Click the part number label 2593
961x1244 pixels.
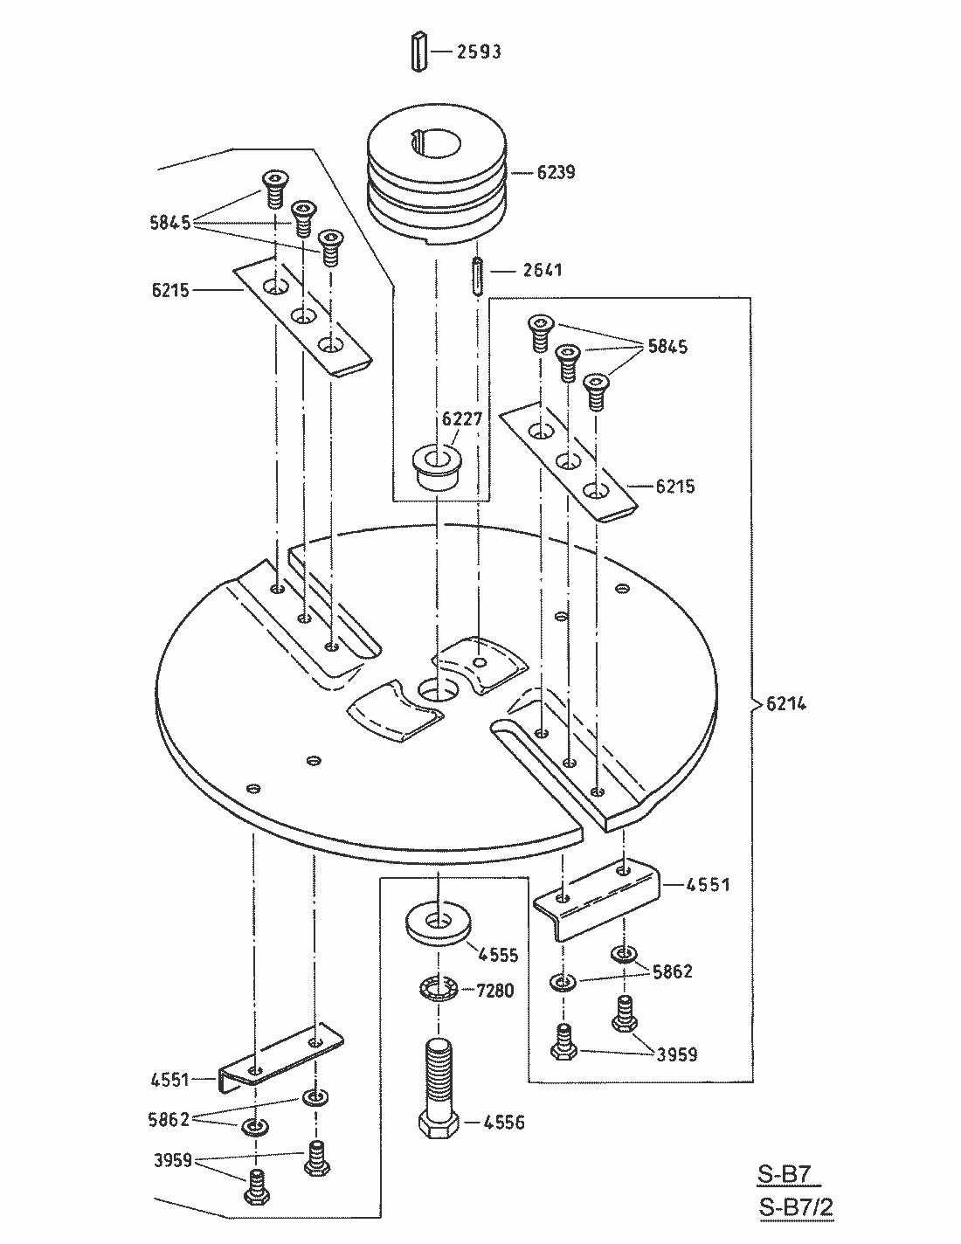point(479,52)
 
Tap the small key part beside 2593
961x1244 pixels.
point(419,52)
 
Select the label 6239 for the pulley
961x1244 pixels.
point(556,172)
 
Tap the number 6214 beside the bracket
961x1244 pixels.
point(786,703)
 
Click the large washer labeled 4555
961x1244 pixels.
point(438,923)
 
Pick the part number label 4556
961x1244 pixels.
point(504,1122)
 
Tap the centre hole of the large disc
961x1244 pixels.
point(438,691)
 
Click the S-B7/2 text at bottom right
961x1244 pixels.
point(796,1207)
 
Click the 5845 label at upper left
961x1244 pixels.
point(170,222)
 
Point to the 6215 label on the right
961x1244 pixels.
point(674,486)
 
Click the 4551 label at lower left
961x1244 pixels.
point(169,1080)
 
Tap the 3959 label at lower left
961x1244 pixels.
point(172,1160)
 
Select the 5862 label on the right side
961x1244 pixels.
point(673,971)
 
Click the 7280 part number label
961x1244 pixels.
point(495,990)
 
